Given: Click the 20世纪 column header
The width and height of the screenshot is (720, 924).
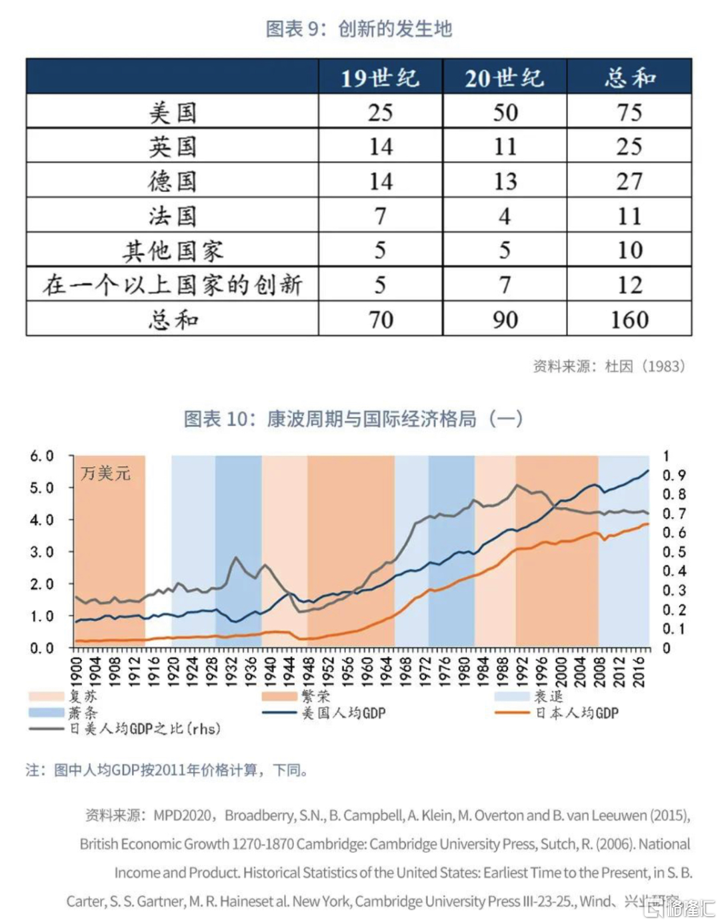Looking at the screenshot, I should [505, 77].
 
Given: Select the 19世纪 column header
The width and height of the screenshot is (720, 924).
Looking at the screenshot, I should [380, 77].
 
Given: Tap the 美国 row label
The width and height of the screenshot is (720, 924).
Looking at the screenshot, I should [172, 112].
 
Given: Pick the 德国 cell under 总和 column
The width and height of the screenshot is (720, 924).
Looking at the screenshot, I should [629, 181].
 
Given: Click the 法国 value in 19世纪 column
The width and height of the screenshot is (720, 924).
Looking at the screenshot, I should [380, 216].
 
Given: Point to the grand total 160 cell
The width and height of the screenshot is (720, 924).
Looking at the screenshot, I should [629, 320].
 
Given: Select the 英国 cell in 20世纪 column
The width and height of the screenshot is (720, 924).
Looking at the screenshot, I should [505, 147].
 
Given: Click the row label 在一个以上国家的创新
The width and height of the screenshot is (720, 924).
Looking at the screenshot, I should [172, 285].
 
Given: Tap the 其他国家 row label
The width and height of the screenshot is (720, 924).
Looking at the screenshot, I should [172, 250].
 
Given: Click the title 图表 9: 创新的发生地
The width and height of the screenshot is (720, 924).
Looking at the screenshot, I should [359, 29].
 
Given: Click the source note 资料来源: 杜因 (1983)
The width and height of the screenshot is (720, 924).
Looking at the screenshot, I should [609, 366].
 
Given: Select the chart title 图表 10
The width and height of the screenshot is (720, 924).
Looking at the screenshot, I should [353, 418].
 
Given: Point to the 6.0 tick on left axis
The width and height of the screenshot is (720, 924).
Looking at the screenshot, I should [41, 456].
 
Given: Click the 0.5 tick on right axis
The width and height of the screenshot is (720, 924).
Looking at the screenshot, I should [673, 552].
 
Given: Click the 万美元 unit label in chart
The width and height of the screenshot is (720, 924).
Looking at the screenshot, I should [105, 474].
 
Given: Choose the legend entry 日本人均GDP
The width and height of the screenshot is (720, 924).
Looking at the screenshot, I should [577, 713].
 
